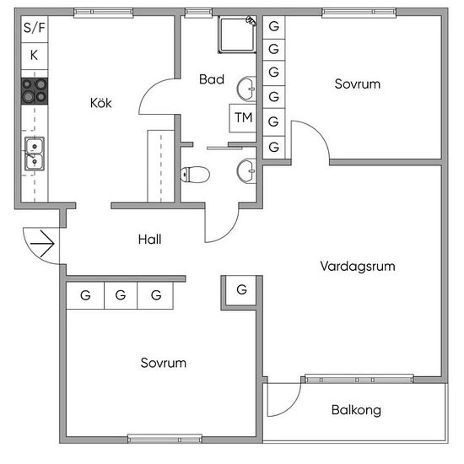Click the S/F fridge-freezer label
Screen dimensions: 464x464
click(35, 28)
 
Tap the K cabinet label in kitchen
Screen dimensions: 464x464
click(34, 55)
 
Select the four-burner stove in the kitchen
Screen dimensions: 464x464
click(35, 91)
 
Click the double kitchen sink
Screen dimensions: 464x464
click(35, 154)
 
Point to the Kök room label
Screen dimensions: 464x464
click(101, 103)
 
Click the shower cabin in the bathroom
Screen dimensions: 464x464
click(237, 35)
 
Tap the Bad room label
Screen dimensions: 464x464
click(212, 79)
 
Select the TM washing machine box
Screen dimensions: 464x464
click(243, 118)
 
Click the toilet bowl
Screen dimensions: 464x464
click(195, 175)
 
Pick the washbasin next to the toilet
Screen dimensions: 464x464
click(246, 171)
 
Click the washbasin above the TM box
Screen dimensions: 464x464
click(246, 89)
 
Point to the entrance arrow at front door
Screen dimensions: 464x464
click(42, 244)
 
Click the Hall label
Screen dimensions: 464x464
click(149, 240)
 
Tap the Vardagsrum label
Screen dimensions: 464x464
click(358, 267)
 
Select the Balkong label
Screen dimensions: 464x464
click(356, 410)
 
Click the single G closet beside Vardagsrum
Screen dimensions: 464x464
click(241, 290)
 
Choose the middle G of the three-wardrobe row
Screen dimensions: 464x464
click(121, 295)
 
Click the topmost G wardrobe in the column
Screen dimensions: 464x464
click(273, 27)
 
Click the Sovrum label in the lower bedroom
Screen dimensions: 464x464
click(164, 363)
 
